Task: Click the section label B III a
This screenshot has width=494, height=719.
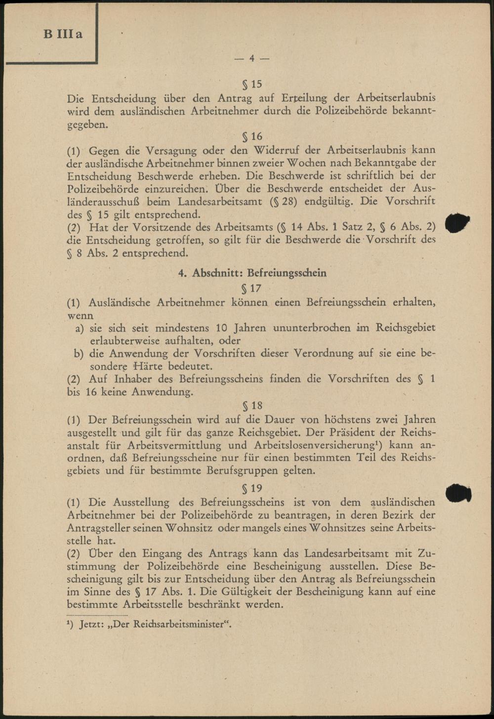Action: [63, 34]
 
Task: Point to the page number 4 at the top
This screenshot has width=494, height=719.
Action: [251, 58]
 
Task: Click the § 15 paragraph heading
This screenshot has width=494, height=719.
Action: [251, 84]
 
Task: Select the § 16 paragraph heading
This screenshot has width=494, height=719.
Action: [251, 136]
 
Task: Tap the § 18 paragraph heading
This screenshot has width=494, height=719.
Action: [252, 406]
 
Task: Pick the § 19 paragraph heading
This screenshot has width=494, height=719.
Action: [252, 488]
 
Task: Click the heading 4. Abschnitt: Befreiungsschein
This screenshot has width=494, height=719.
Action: [252, 273]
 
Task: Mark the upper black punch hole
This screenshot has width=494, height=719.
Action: [457, 223]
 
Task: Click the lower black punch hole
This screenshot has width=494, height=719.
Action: [458, 493]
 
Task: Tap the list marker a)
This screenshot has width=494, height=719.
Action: [79, 328]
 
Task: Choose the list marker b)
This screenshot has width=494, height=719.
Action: [79, 354]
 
